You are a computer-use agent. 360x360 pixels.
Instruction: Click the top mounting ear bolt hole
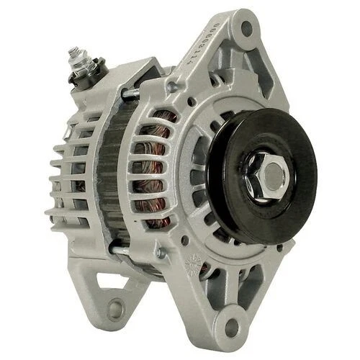pyautogui.click(x=246, y=29)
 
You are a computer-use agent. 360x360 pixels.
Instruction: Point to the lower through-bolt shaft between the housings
pyautogui.click(x=122, y=249)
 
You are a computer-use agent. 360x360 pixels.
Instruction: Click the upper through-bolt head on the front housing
pyautogui.click(x=172, y=86)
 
